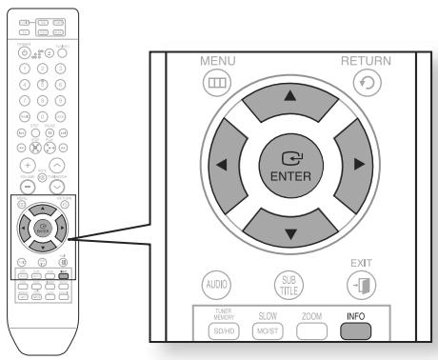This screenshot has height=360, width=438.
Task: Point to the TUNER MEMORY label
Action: pyautogui.click(x=212, y=315)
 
